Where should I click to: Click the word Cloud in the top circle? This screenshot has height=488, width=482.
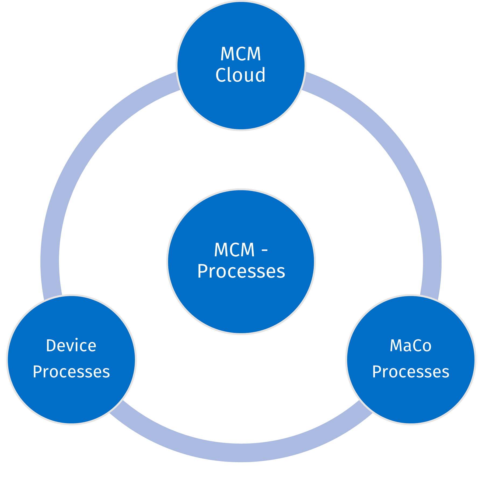240,75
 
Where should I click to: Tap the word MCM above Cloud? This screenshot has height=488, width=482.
240,54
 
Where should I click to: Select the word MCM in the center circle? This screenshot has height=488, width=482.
234,250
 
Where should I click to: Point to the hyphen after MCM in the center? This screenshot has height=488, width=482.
265,250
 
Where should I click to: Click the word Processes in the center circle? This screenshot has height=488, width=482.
241,271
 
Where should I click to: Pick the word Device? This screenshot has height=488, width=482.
71,346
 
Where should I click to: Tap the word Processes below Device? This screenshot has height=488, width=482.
71,372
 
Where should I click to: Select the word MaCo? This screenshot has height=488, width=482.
410,346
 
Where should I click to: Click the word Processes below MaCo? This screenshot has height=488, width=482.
411,372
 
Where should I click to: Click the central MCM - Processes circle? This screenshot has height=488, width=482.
241,304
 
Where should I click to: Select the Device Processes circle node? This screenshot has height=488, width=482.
71,399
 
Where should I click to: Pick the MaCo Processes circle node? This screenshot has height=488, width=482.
411,399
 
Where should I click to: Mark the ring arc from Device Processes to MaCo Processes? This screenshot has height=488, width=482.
241,452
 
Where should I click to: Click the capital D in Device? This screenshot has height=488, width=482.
51,346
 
